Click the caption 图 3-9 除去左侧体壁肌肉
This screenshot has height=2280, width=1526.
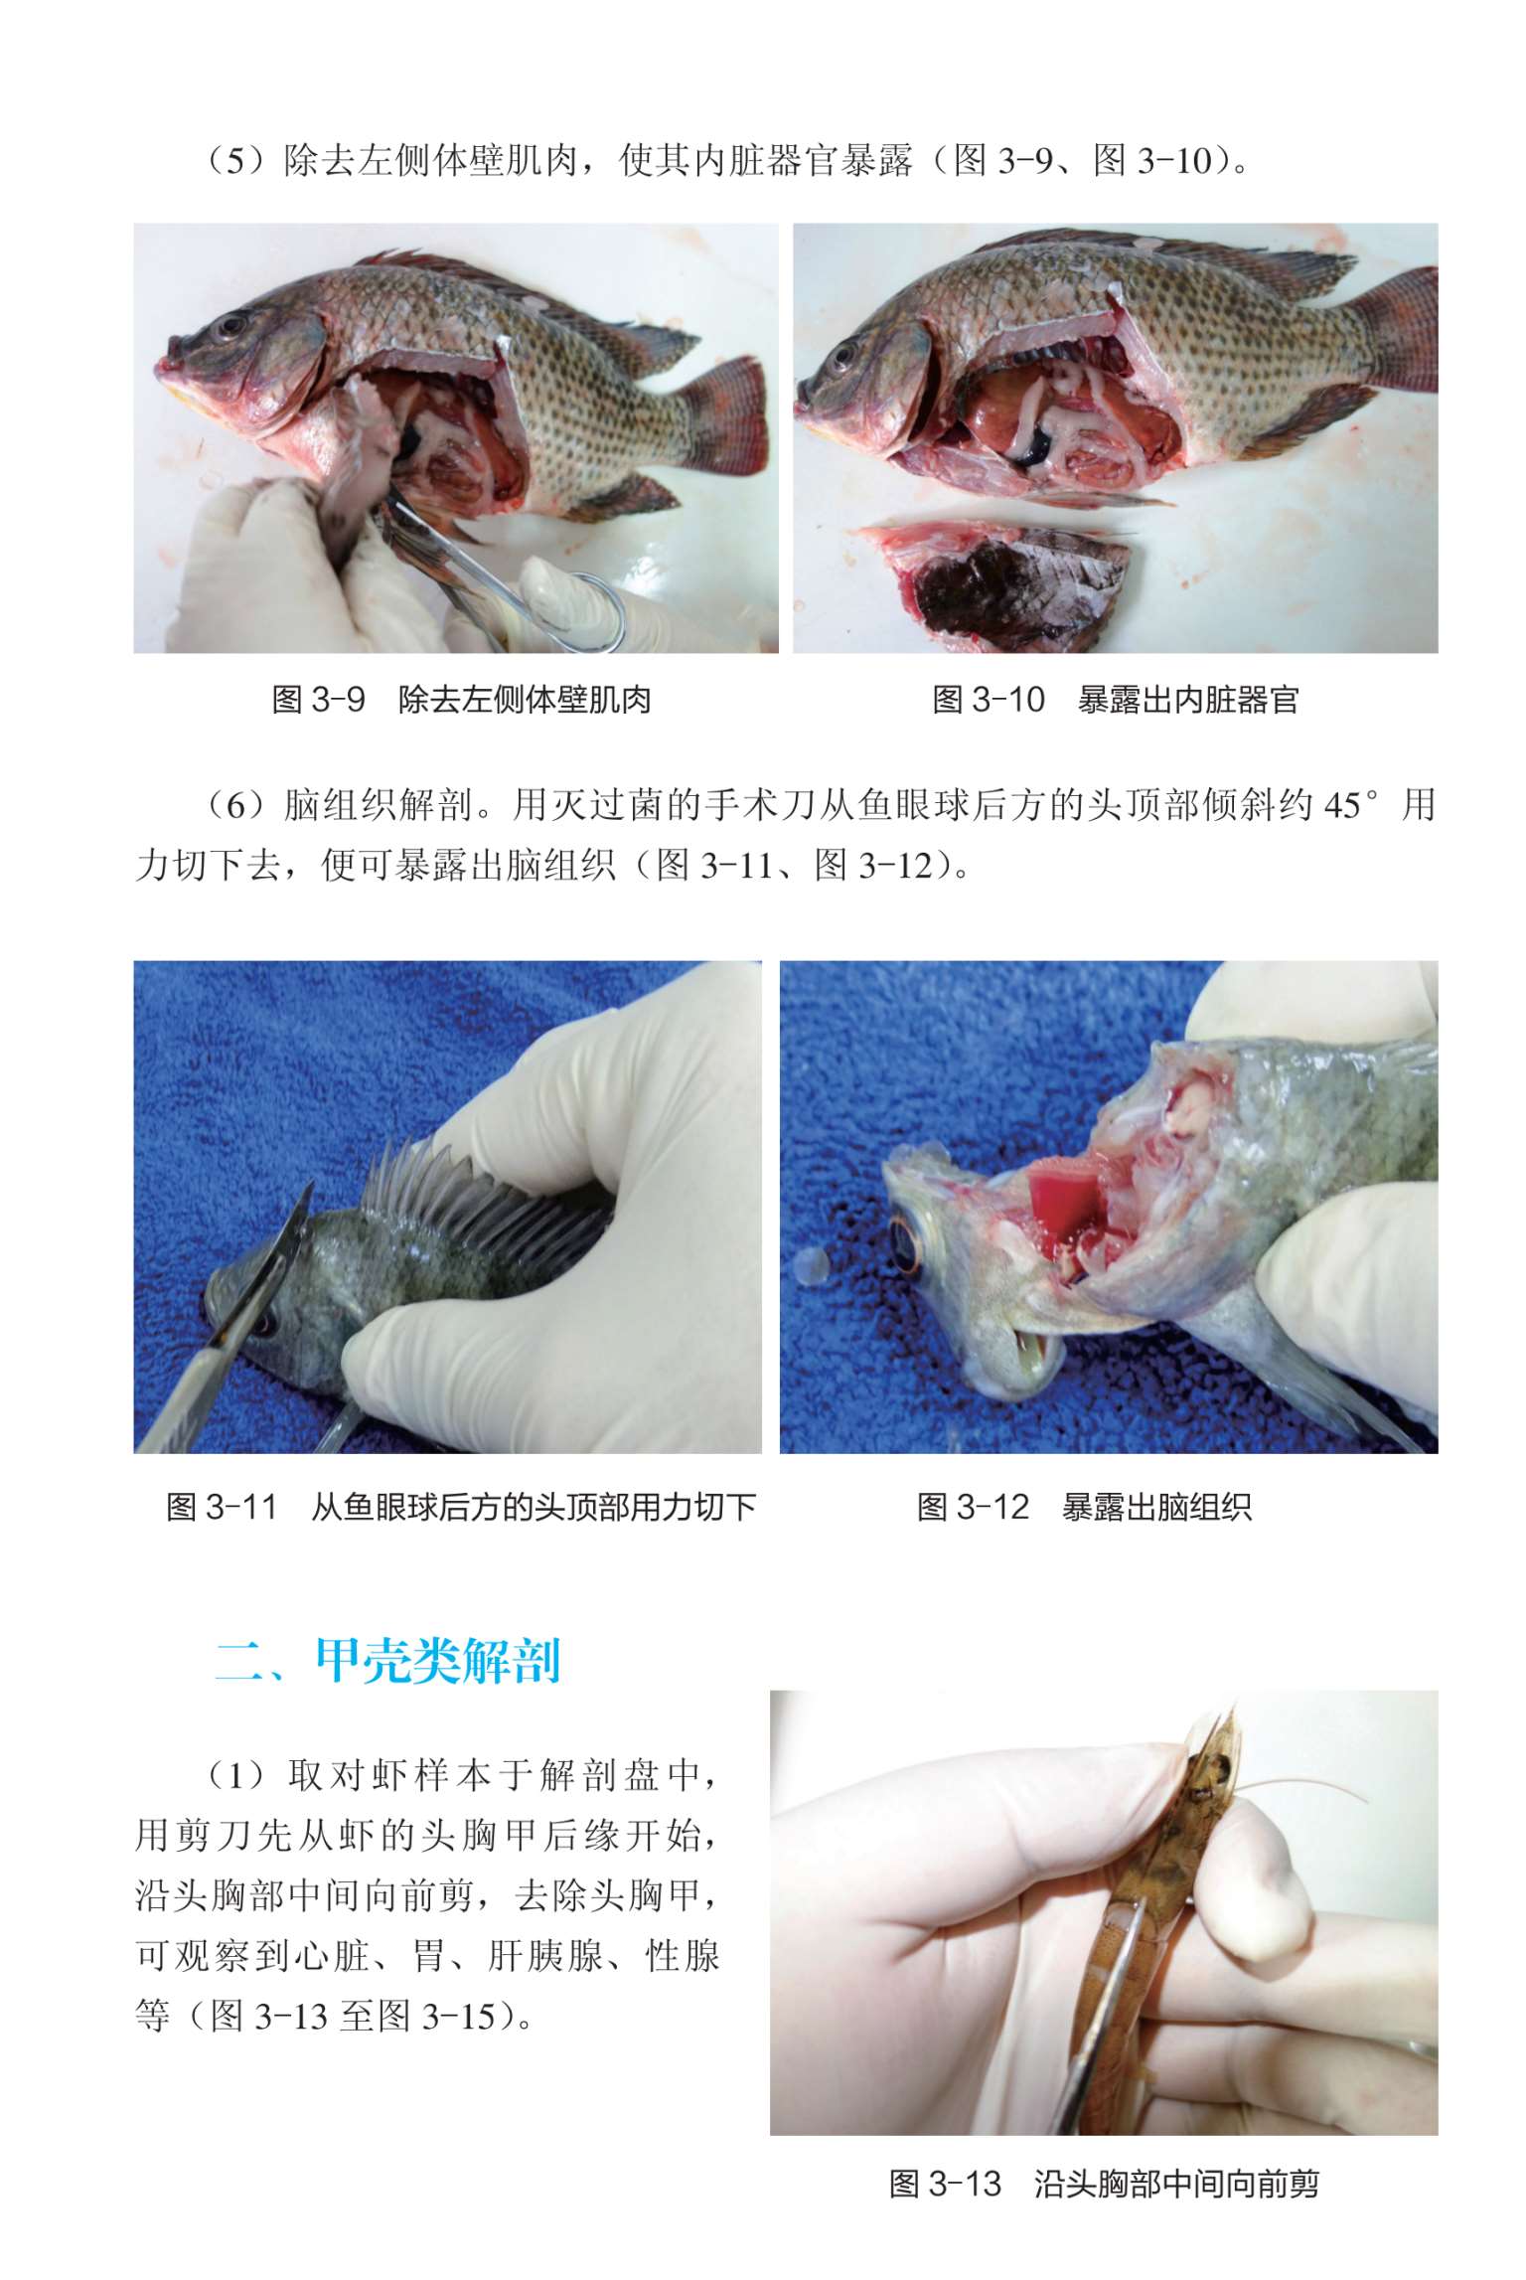point(461,700)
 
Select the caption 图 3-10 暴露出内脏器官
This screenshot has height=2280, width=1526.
point(1115,700)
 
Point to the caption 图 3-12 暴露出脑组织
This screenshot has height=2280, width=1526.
point(1084,1507)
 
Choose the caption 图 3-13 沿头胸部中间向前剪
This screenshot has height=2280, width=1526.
point(1104,2184)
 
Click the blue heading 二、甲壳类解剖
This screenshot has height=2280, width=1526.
point(388,1661)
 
